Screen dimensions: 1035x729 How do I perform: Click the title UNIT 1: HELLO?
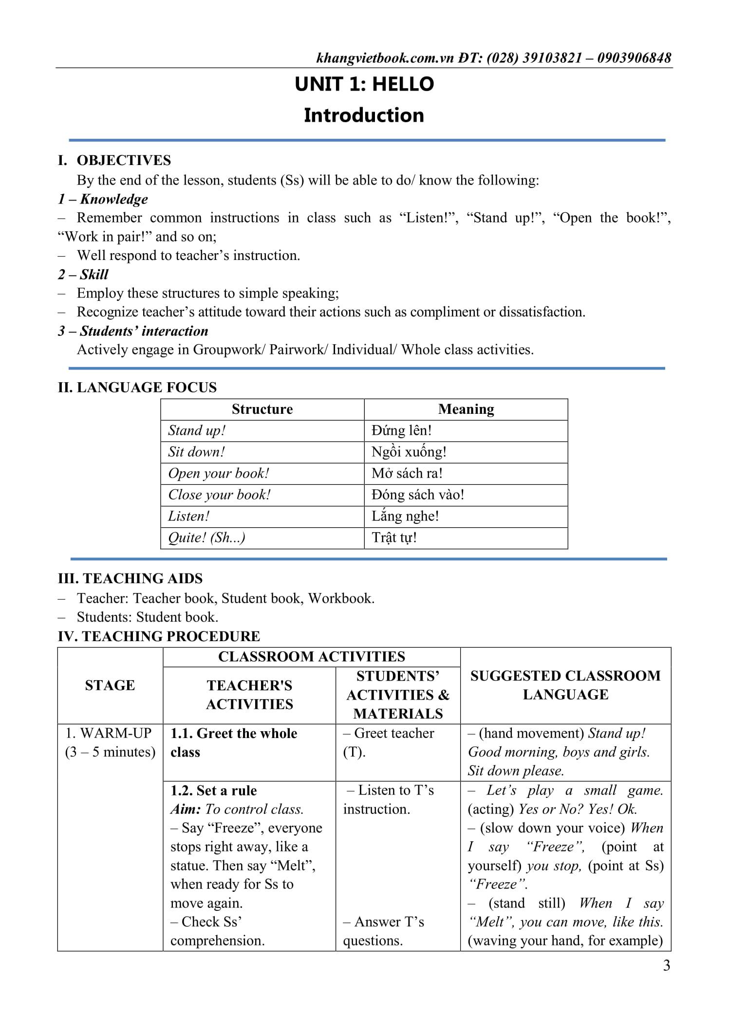pos(364,84)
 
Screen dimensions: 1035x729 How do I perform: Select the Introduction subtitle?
pos(364,115)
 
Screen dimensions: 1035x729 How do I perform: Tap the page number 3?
pos(666,965)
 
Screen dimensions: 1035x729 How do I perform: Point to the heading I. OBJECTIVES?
pos(114,160)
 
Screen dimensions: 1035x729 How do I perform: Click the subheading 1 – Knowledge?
pos(103,199)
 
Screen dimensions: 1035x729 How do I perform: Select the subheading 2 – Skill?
pos(83,274)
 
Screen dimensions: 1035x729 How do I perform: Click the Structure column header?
pos(262,409)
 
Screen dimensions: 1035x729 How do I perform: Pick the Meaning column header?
pos(466,409)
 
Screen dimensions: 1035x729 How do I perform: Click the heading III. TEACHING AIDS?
pos(130,578)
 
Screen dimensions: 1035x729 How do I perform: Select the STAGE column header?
pos(110,685)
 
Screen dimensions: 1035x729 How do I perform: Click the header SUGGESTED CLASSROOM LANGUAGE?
pos(565,685)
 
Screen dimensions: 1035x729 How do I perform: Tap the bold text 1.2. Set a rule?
pos(213,790)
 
